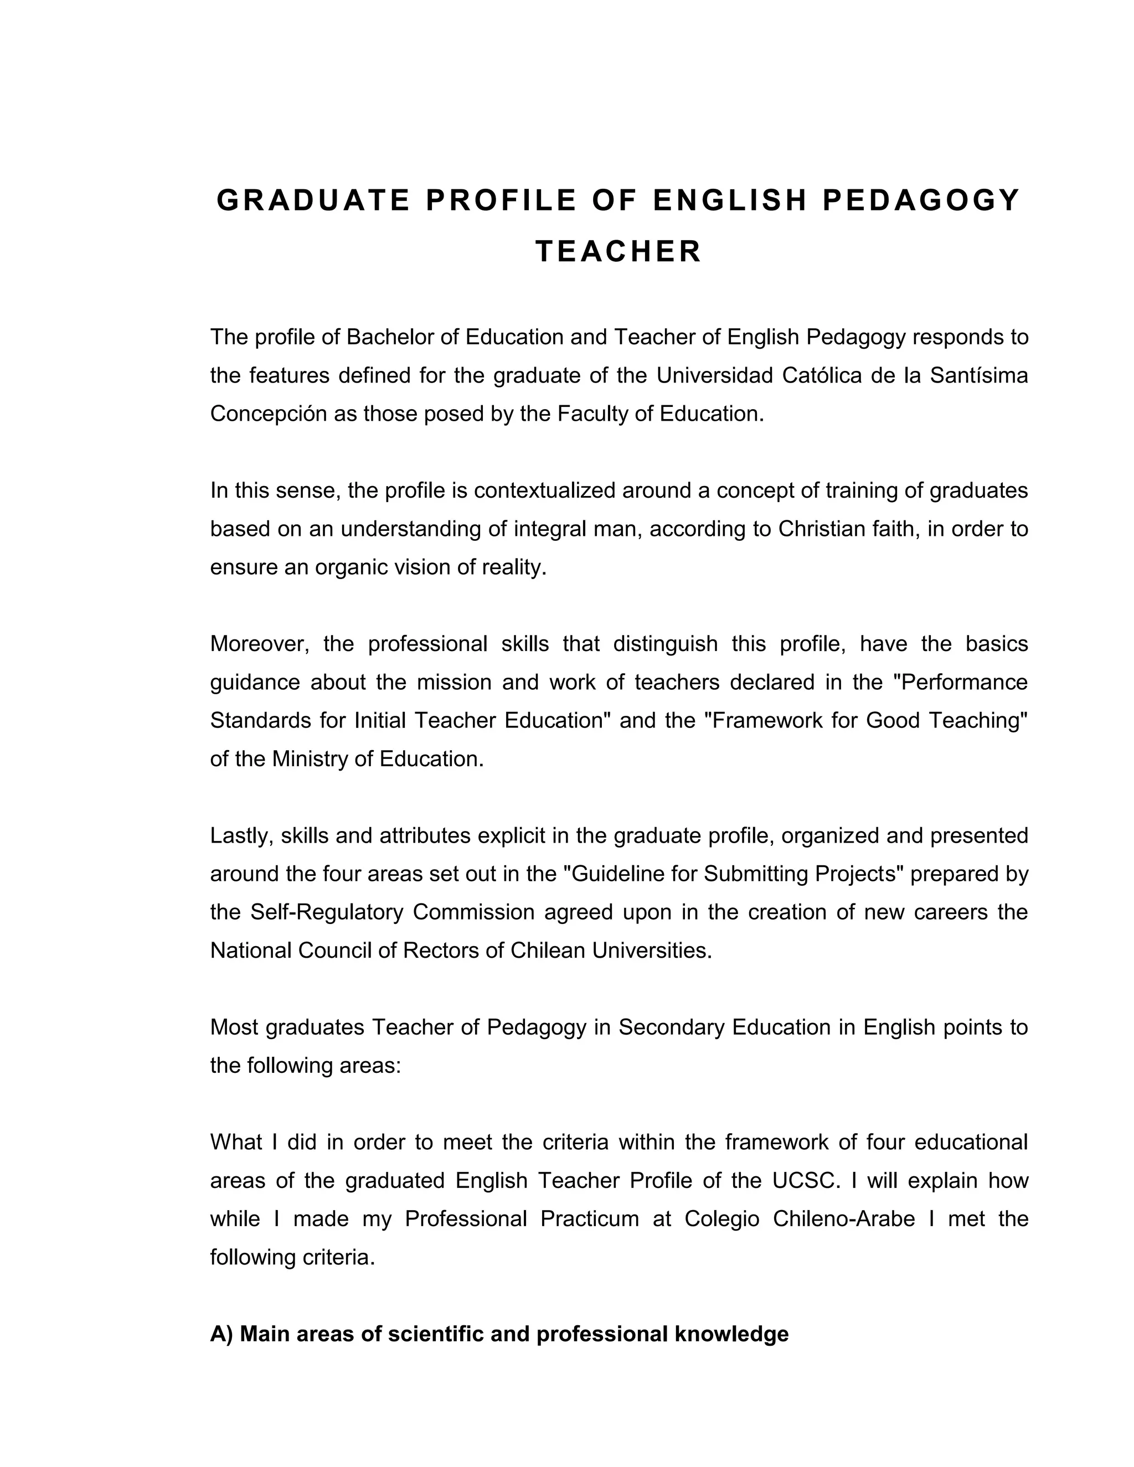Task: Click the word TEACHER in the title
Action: coord(618,252)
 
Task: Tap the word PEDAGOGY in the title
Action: coord(921,200)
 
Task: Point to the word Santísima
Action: coord(979,375)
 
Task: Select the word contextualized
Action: coord(544,490)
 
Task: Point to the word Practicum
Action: coord(589,1218)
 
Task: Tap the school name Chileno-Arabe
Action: coord(844,1218)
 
